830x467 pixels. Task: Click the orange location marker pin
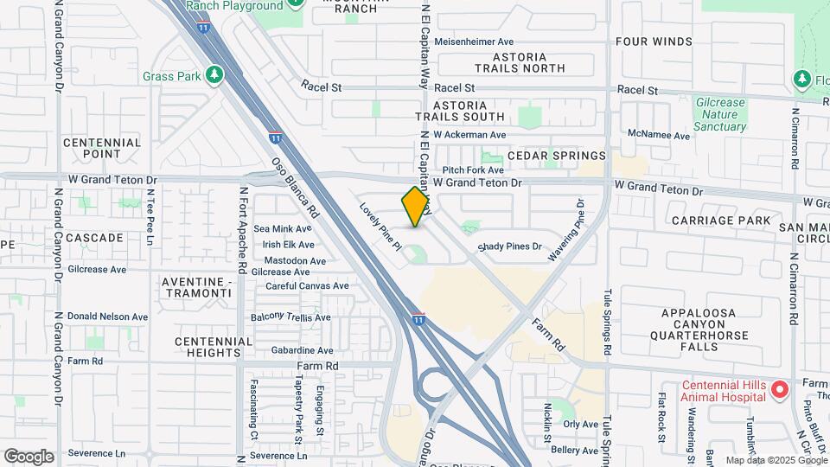click(416, 207)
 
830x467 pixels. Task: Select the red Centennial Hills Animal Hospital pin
click(779, 390)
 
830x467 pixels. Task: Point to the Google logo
click(29, 456)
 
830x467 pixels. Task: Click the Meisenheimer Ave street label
click(474, 42)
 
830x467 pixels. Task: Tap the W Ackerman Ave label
click(469, 135)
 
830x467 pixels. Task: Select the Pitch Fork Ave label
click(473, 171)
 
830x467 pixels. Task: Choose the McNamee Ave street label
click(659, 136)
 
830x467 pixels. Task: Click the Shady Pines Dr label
click(510, 246)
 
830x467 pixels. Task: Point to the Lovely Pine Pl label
click(382, 227)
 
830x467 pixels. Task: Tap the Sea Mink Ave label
click(283, 229)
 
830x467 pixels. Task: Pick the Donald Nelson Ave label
click(108, 317)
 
